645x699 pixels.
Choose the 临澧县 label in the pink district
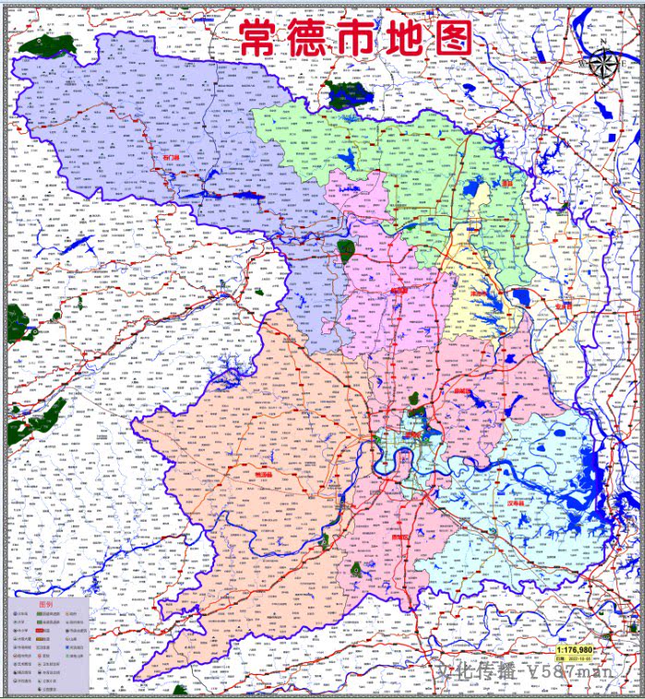click(x=400, y=289)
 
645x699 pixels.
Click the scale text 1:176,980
click(x=574, y=650)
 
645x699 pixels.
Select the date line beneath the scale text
click(x=574, y=660)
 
